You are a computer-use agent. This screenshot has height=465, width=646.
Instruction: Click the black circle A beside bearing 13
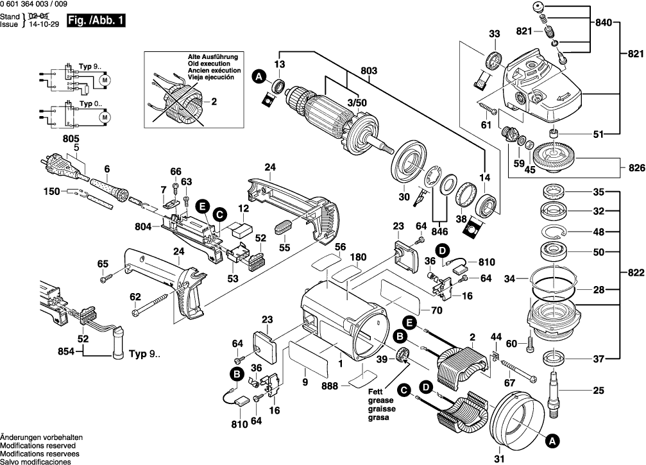point(259,77)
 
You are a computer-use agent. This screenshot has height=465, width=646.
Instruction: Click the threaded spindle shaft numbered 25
point(553,394)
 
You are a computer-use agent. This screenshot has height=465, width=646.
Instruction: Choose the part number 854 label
point(67,351)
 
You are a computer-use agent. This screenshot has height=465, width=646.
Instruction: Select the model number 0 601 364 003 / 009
point(34,4)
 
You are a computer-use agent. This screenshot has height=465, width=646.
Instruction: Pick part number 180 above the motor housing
point(359,257)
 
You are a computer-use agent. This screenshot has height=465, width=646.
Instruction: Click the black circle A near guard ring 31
point(551,441)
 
